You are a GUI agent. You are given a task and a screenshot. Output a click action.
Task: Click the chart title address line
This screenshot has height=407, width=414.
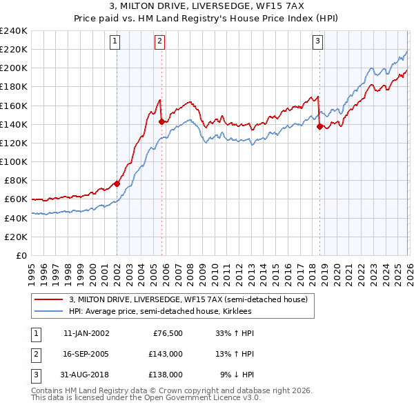(x=206, y=7)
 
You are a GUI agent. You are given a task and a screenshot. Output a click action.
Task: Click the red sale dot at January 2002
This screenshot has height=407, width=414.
(x=117, y=183)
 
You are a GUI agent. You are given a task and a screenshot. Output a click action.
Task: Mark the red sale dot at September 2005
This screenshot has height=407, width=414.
(x=161, y=121)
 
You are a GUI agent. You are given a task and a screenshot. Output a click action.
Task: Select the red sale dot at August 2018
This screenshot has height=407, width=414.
(x=319, y=126)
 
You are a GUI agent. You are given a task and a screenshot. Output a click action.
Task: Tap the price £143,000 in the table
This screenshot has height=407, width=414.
(x=166, y=354)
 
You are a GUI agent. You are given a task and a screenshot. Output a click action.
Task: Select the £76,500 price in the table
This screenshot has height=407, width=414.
(x=168, y=333)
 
